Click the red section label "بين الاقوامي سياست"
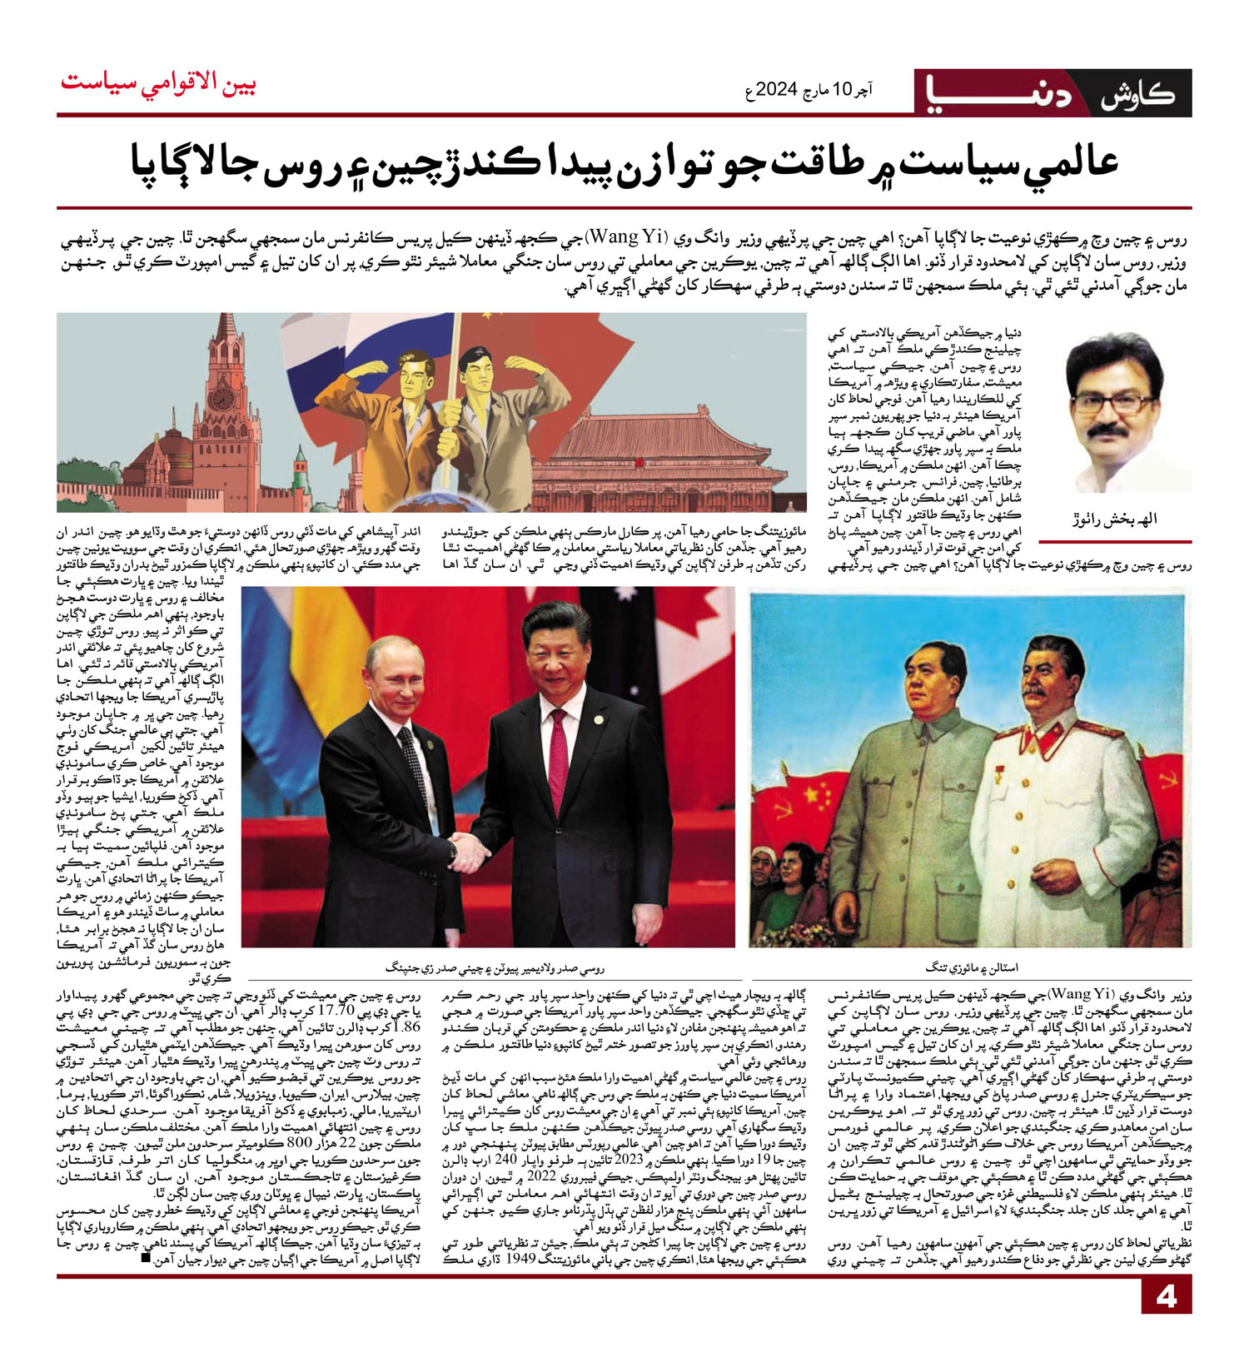(158, 83)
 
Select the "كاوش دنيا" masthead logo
(1052, 92)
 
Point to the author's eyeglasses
(1112, 403)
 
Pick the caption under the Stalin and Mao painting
(971, 967)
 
